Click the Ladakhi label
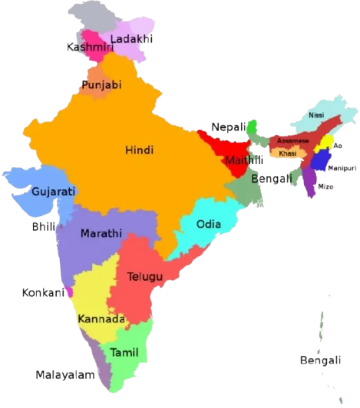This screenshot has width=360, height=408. tap(132, 40)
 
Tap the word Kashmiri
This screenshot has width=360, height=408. tap(89, 47)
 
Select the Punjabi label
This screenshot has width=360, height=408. tap(101, 85)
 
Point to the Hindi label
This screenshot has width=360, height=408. tap(139, 150)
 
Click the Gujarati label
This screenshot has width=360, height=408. tap(53, 192)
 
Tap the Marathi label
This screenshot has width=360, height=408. tap(101, 233)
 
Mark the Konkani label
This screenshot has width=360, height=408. tap(42, 293)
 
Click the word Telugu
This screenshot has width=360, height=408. tap(144, 277)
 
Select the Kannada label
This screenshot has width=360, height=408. tap(101, 319)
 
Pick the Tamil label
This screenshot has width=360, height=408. tap(124, 352)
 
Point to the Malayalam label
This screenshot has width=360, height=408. tap(66, 375)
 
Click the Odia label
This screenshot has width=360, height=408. tap(209, 224)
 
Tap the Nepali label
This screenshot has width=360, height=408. tap(229, 127)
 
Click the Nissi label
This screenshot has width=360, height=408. tap(316, 115)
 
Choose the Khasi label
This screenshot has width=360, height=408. tap(287, 153)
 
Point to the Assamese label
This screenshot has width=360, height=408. tap(292, 141)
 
